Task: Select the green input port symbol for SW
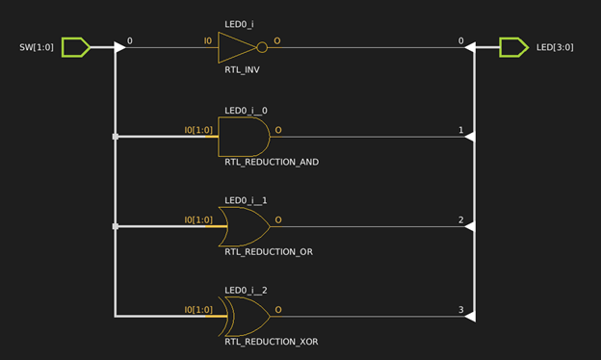[x=76, y=46]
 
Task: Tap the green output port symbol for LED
[x=513, y=46]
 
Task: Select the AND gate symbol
[x=244, y=137]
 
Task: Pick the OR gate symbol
[x=244, y=227]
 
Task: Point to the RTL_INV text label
[x=243, y=70]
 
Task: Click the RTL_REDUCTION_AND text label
[x=271, y=162]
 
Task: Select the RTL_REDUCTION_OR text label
[x=268, y=252]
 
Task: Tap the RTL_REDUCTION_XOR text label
[x=271, y=341]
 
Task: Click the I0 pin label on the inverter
[x=207, y=41]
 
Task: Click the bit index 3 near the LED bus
[x=461, y=310]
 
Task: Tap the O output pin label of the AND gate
[x=278, y=129]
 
